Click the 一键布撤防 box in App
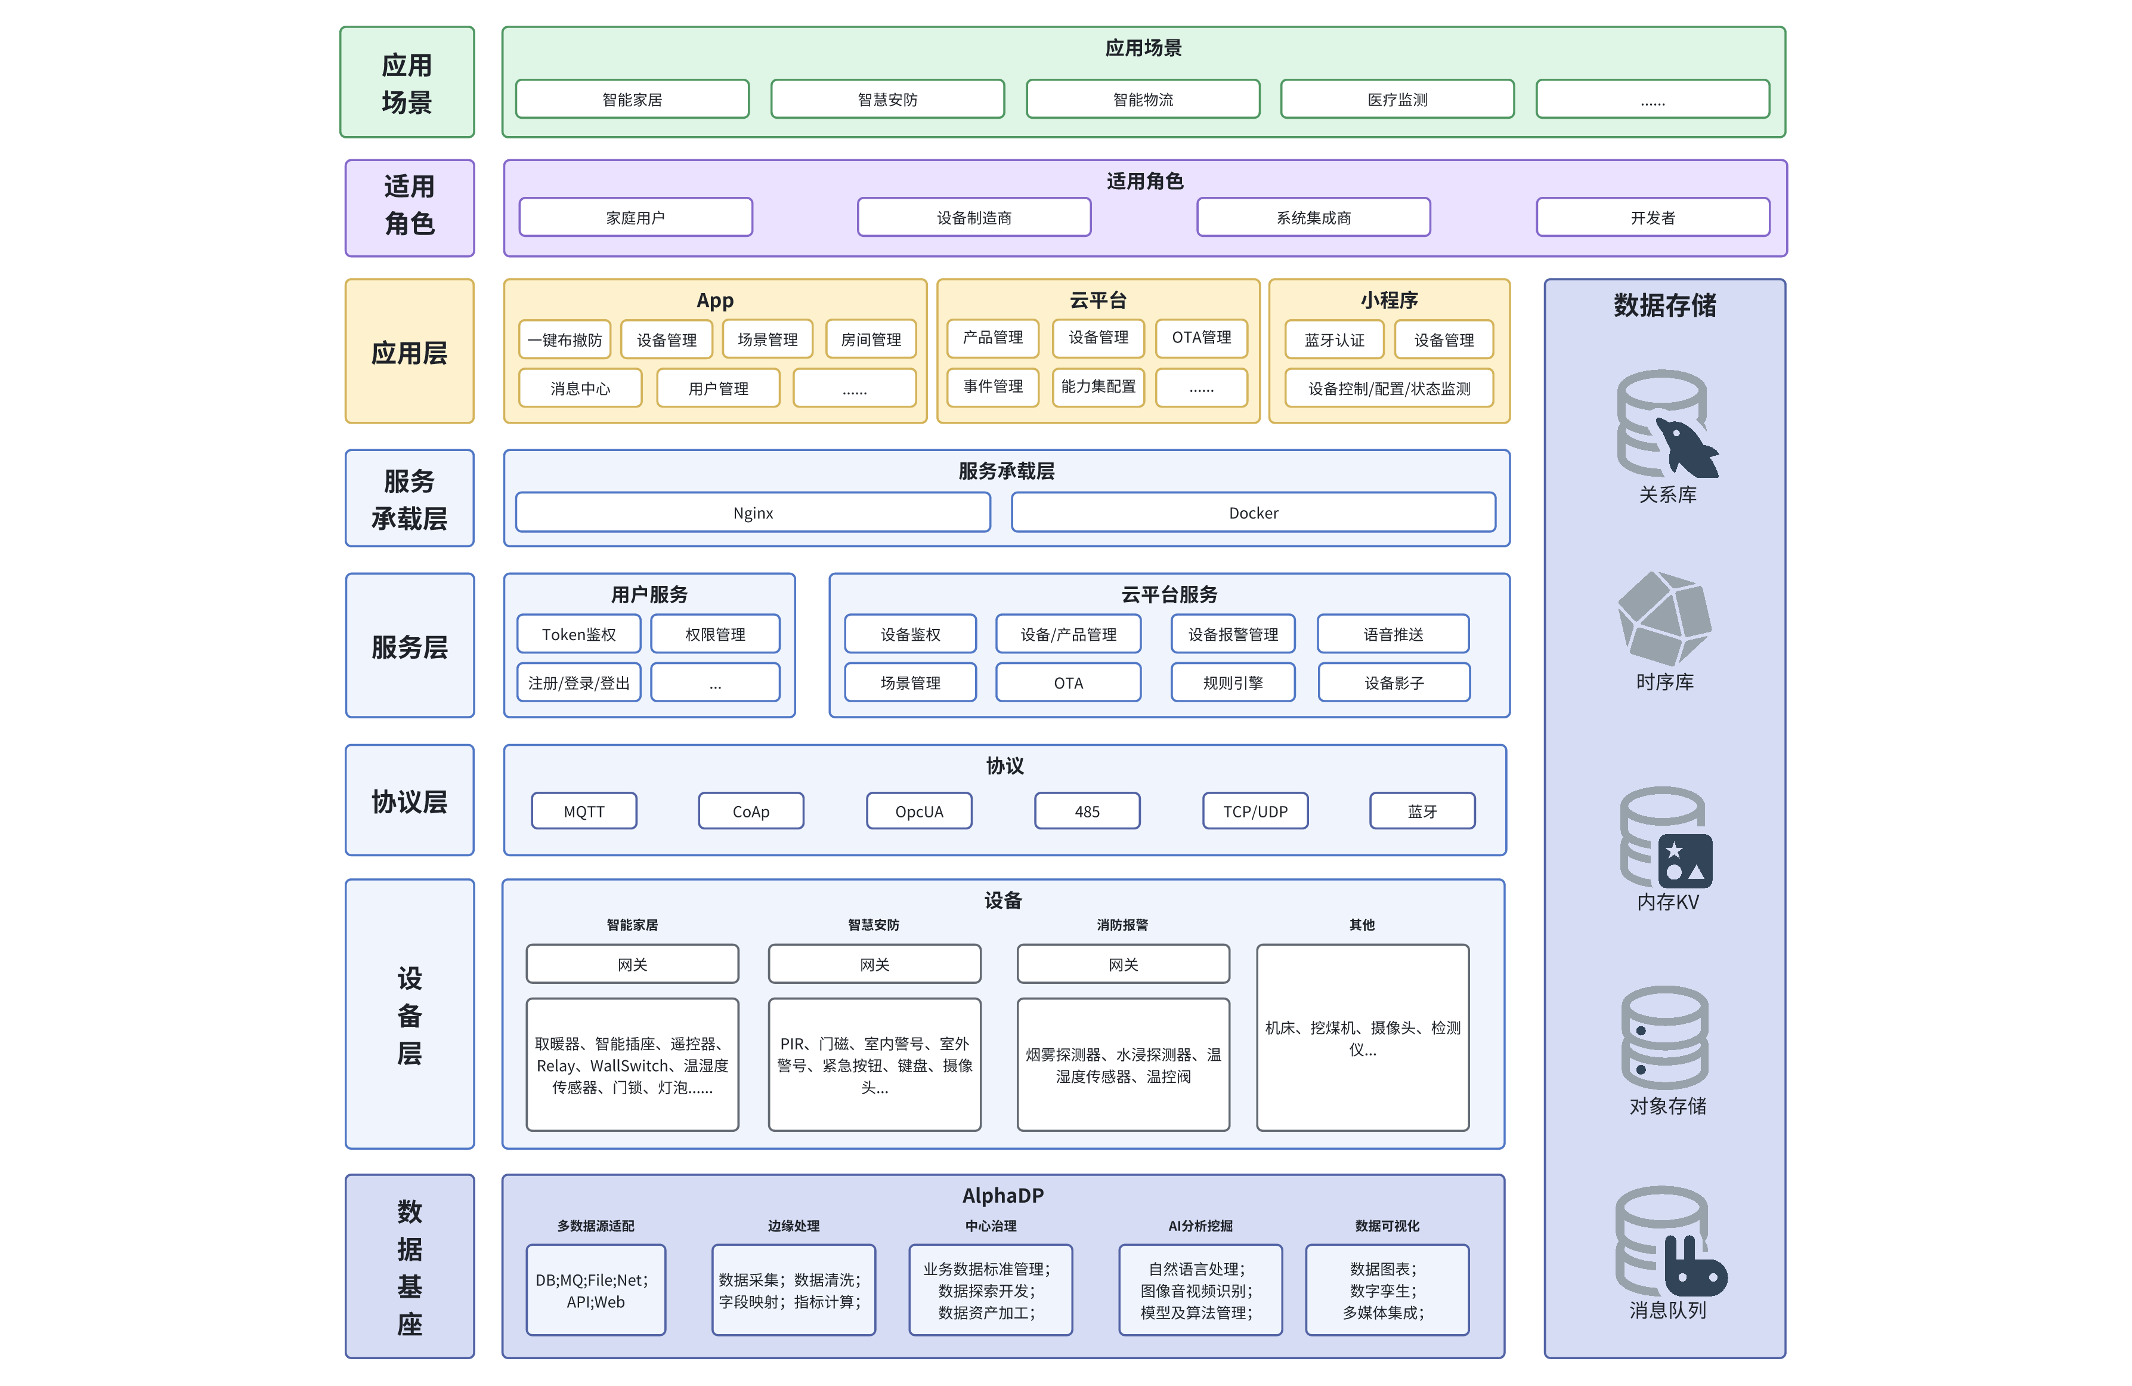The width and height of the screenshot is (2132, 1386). click(x=564, y=339)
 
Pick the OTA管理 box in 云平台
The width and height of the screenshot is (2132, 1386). click(x=1201, y=338)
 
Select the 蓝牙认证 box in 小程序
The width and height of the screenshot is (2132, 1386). click(x=1334, y=339)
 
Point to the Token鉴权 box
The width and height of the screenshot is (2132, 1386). click(x=578, y=634)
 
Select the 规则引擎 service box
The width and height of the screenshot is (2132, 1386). click(x=1233, y=683)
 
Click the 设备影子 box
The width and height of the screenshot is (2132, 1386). click(x=1394, y=683)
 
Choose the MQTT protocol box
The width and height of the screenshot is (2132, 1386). click(x=584, y=811)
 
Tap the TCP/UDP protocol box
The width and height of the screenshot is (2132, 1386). click(x=1255, y=811)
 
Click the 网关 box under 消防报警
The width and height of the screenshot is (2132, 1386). click(x=1124, y=964)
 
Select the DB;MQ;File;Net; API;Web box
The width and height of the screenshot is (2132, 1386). click(x=596, y=1290)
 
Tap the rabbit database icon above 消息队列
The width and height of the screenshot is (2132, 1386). click(x=1670, y=1241)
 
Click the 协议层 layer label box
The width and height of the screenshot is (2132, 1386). click(x=409, y=800)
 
